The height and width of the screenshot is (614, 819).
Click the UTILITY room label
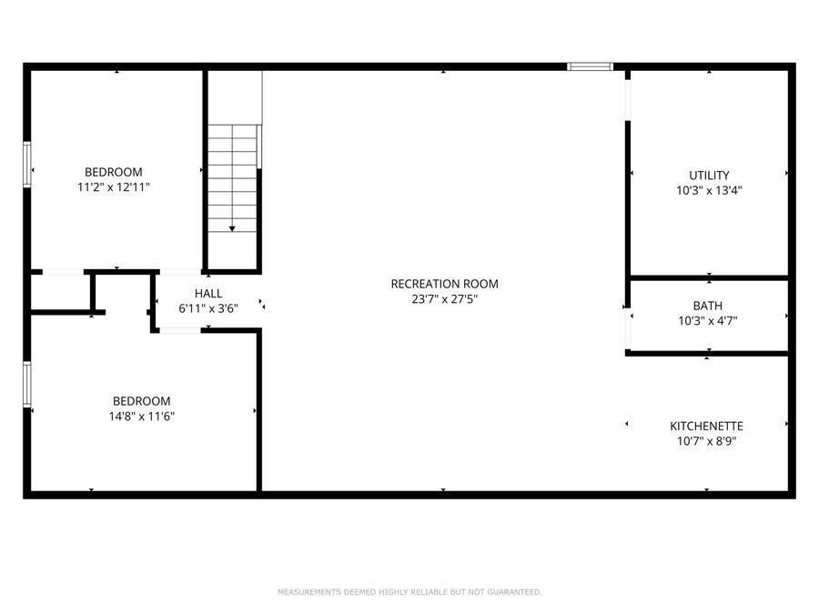[709, 176]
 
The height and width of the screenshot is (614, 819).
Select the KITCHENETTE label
[706, 426]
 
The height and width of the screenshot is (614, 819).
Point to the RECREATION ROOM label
[444, 284]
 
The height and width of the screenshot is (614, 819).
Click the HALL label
[207, 293]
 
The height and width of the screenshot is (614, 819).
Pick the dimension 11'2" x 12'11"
[114, 187]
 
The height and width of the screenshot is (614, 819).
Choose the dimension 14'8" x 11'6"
[141, 417]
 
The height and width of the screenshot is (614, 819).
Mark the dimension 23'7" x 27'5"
[444, 299]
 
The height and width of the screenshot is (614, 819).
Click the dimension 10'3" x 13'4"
[709, 191]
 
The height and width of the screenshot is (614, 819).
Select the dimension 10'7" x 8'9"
[706, 441]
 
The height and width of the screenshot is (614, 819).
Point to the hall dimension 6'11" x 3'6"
[207, 308]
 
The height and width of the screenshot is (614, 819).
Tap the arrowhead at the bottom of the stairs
[232, 228]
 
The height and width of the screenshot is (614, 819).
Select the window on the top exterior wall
[591, 66]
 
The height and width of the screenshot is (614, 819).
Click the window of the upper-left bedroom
[27, 165]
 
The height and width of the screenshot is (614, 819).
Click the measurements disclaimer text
[409, 592]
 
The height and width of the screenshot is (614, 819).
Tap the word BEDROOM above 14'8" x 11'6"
[141, 401]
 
